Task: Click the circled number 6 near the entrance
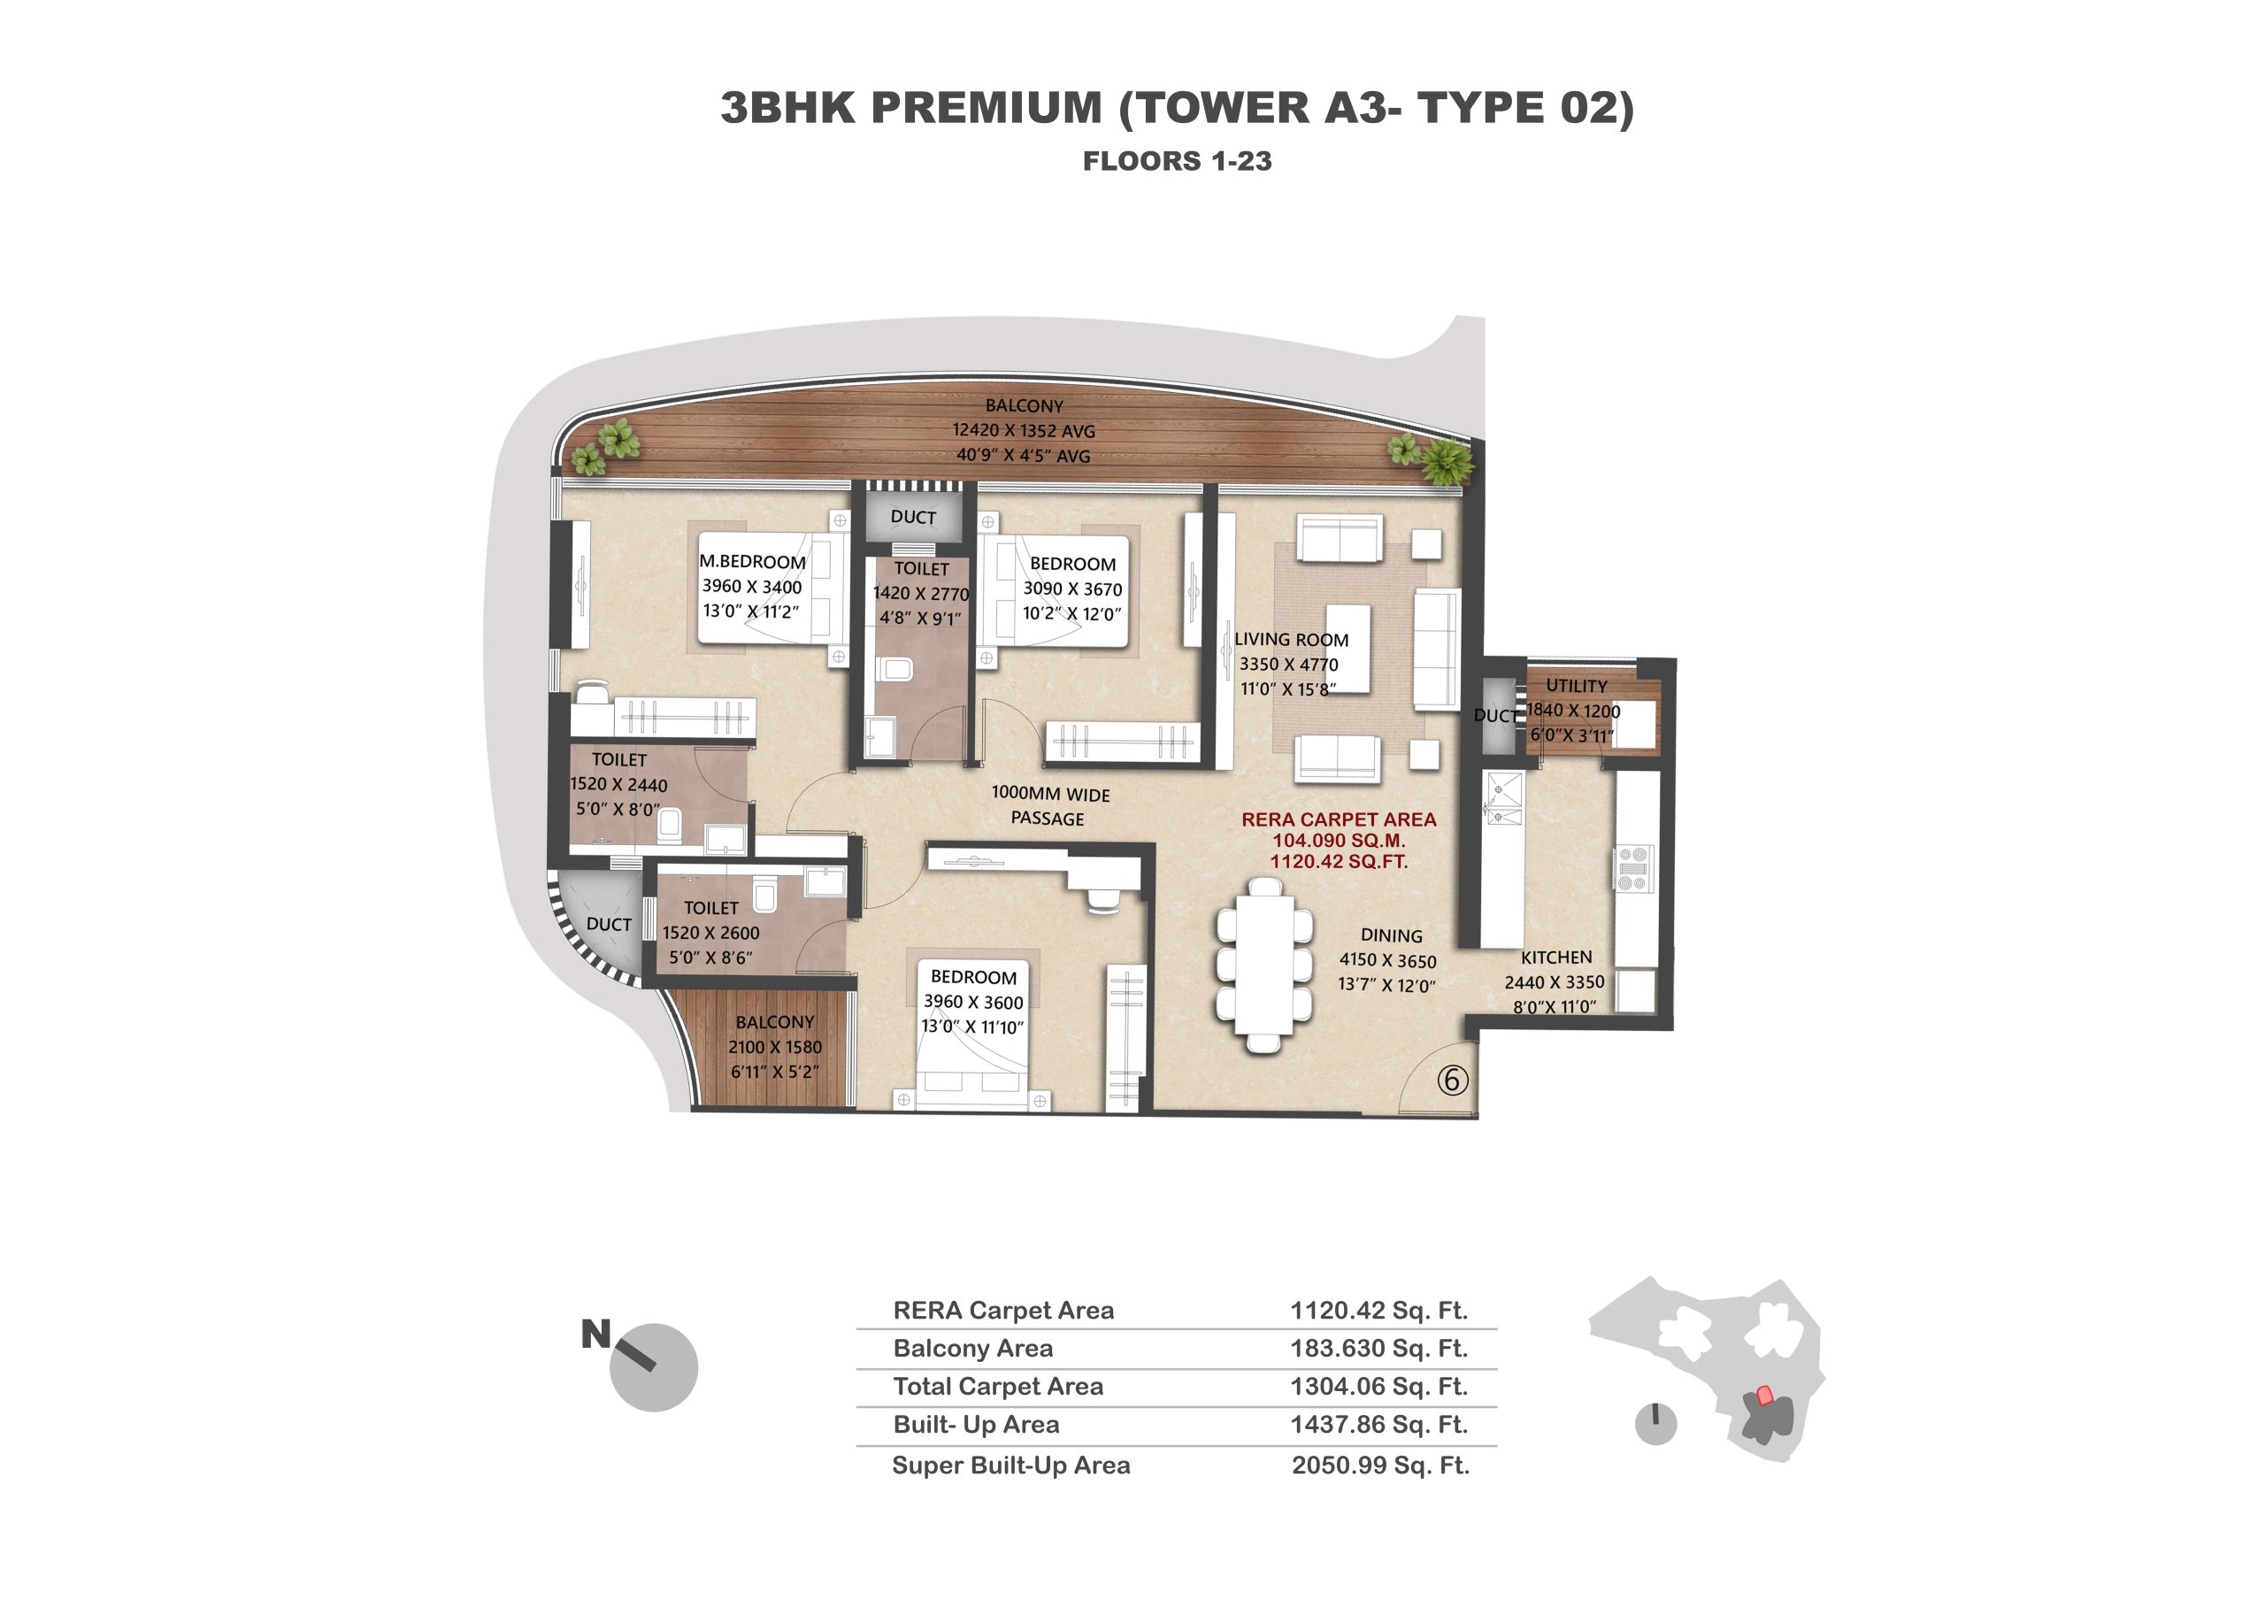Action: coord(1451,1081)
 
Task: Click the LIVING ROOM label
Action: coord(1292,639)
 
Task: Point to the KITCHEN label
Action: coord(1555,957)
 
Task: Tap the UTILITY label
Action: coord(1576,685)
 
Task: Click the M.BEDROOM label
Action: coord(753,561)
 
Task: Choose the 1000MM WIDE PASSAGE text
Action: coord(1049,806)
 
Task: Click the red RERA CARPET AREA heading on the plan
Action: coord(1339,819)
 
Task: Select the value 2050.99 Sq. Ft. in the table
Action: coord(1380,1465)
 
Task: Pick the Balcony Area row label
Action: coord(972,1348)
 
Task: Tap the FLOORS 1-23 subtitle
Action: coord(1177,161)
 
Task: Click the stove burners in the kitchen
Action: coord(1633,869)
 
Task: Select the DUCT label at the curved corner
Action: coord(609,924)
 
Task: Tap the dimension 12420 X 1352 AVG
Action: coord(1023,430)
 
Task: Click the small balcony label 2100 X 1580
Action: coord(774,1047)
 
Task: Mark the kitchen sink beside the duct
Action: coord(1505,799)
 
